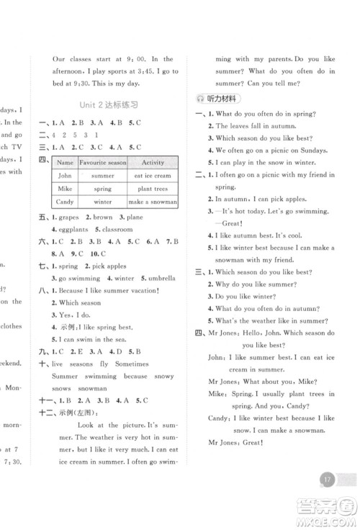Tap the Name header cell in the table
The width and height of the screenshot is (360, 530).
tap(66, 163)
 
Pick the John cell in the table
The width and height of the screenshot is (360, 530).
tap(66, 176)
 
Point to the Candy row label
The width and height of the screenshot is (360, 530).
tap(66, 202)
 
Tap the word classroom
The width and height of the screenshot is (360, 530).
tap(117, 229)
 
